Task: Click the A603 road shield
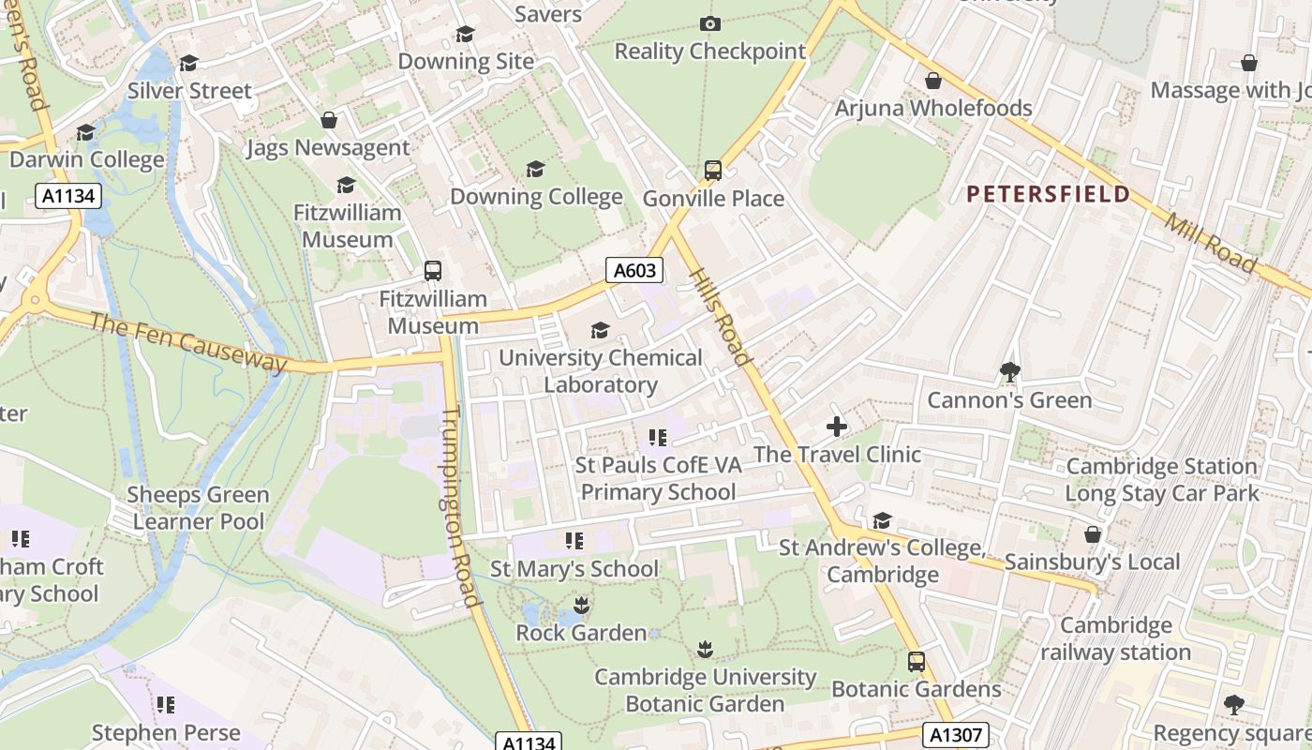(634, 271)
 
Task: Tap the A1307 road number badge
(955, 734)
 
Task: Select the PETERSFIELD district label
(1048, 194)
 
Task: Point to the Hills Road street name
(721, 317)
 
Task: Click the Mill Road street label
(1210, 244)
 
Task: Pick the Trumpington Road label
(460, 506)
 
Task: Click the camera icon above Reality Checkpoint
(710, 23)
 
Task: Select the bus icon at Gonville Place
(713, 171)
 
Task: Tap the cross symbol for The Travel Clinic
(836, 427)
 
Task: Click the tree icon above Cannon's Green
(1009, 372)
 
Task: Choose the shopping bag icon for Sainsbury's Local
(1092, 534)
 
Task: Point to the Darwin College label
(86, 159)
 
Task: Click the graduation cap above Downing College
(535, 169)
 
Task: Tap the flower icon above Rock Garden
(581, 605)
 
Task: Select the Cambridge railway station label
(1115, 638)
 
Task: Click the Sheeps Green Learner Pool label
(200, 507)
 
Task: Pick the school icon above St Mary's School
(574, 541)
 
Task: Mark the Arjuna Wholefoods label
(932, 108)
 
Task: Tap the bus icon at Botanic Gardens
(916, 661)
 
